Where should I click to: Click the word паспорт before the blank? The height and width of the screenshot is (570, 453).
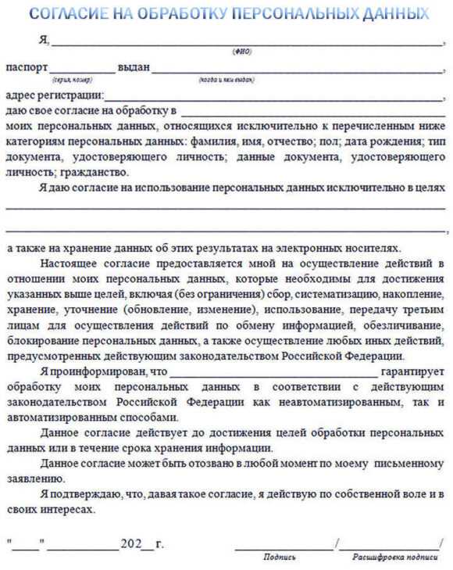point(27,67)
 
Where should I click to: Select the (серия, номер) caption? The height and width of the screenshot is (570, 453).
point(72,80)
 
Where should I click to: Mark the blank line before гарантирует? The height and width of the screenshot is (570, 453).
point(273,372)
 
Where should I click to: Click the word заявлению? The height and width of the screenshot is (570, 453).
point(34,479)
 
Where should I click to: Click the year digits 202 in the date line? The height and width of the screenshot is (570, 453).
point(129,543)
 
